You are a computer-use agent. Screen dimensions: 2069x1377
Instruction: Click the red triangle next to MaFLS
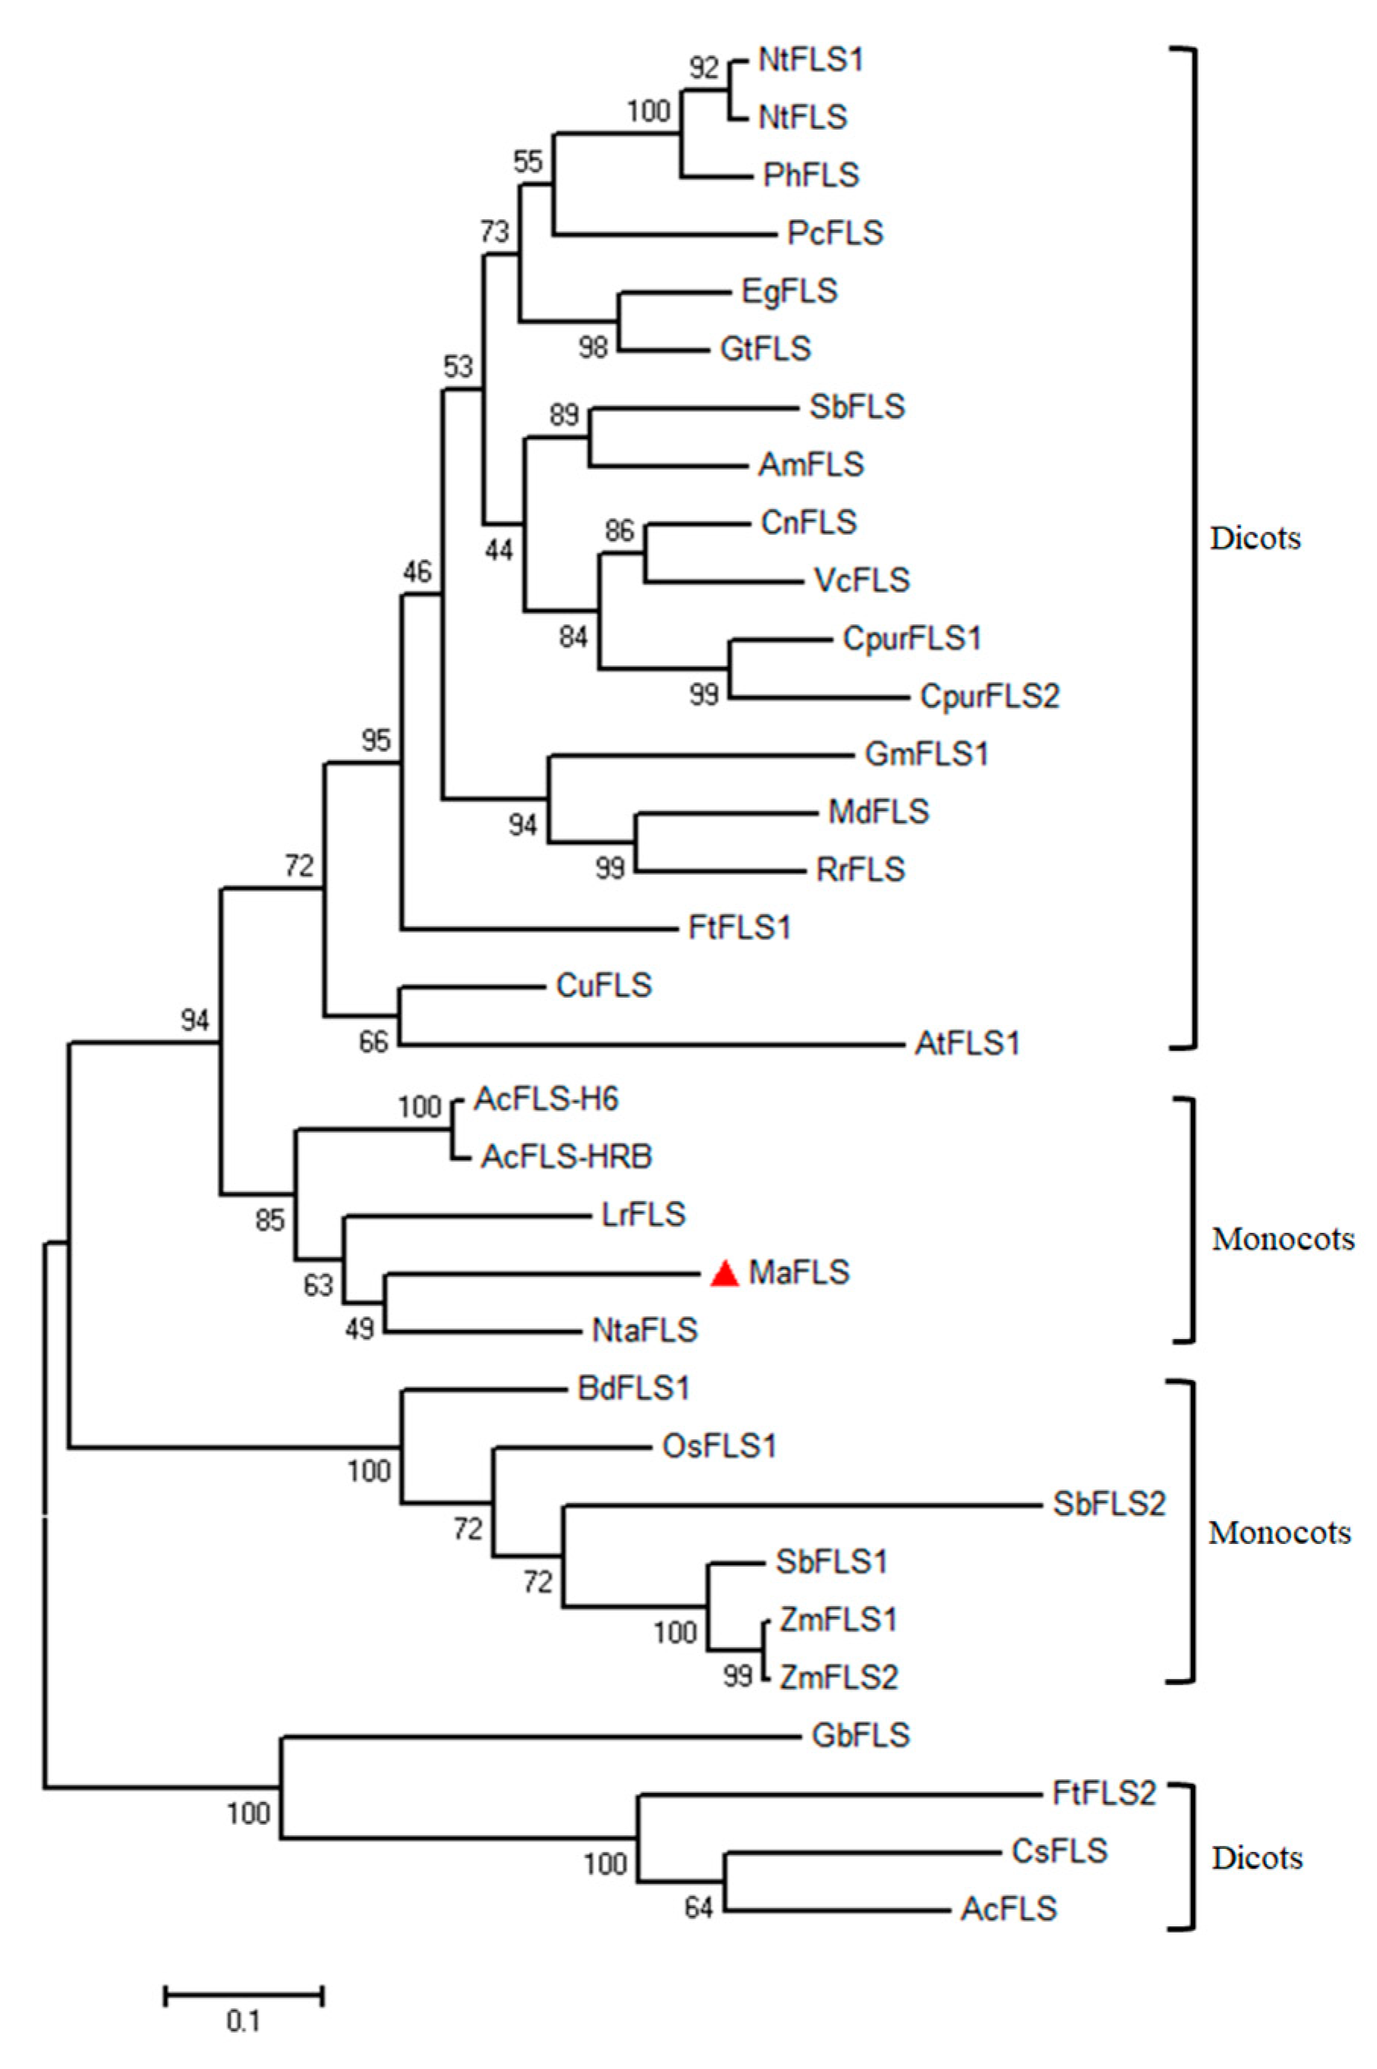(724, 1274)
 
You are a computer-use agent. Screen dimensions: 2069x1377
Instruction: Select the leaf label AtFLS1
(967, 1044)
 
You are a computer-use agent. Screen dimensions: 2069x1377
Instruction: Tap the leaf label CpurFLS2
(990, 696)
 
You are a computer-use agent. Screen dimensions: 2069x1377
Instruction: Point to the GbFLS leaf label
(861, 1735)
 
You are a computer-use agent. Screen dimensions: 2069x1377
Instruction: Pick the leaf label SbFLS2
(1109, 1504)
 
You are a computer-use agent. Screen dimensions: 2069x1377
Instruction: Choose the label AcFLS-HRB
(566, 1157)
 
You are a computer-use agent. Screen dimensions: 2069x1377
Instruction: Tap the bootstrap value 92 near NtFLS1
(704, 68)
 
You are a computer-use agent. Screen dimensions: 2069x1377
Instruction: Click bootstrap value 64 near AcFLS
(699, 1908)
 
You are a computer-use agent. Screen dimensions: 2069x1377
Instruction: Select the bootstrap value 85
(269, 1220)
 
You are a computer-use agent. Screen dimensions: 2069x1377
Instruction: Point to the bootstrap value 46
(418, 572)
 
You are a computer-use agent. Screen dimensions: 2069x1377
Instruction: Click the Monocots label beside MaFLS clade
(1283, 1238)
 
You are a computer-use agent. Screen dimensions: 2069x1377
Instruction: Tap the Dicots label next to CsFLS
(1257, 1858)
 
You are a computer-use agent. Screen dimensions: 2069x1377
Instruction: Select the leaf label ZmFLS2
(839, 1678)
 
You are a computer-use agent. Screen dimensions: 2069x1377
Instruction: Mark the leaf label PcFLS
(835, 234)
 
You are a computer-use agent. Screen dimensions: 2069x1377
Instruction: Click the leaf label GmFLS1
(927, 754)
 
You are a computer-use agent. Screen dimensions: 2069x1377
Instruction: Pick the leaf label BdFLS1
(633, 1388)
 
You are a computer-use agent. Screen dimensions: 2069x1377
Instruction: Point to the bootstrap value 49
(360, 1329)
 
